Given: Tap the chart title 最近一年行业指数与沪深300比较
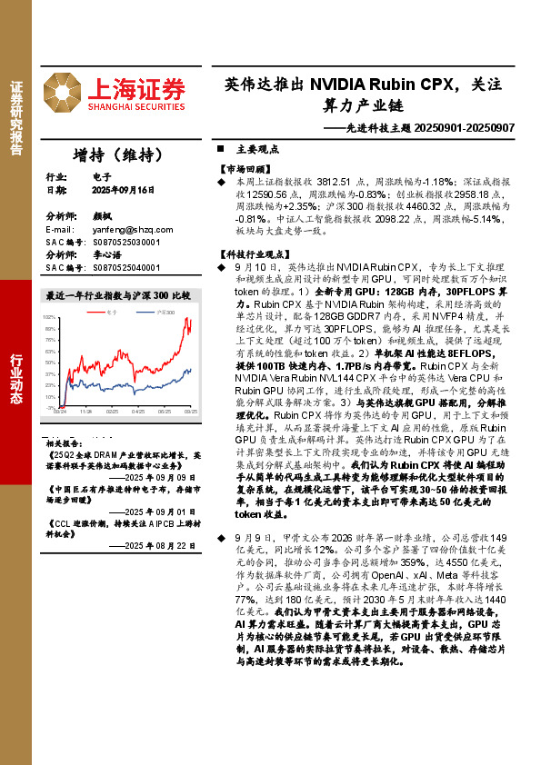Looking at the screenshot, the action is click(118, 296).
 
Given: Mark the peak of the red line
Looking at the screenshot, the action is click(188, 319).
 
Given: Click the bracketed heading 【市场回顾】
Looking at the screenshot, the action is click(245, 169).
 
